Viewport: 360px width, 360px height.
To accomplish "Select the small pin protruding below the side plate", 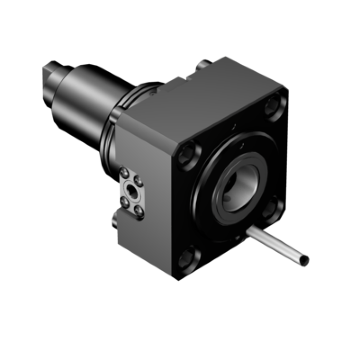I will point(114,219).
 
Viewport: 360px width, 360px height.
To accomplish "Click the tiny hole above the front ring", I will point(233,127).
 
